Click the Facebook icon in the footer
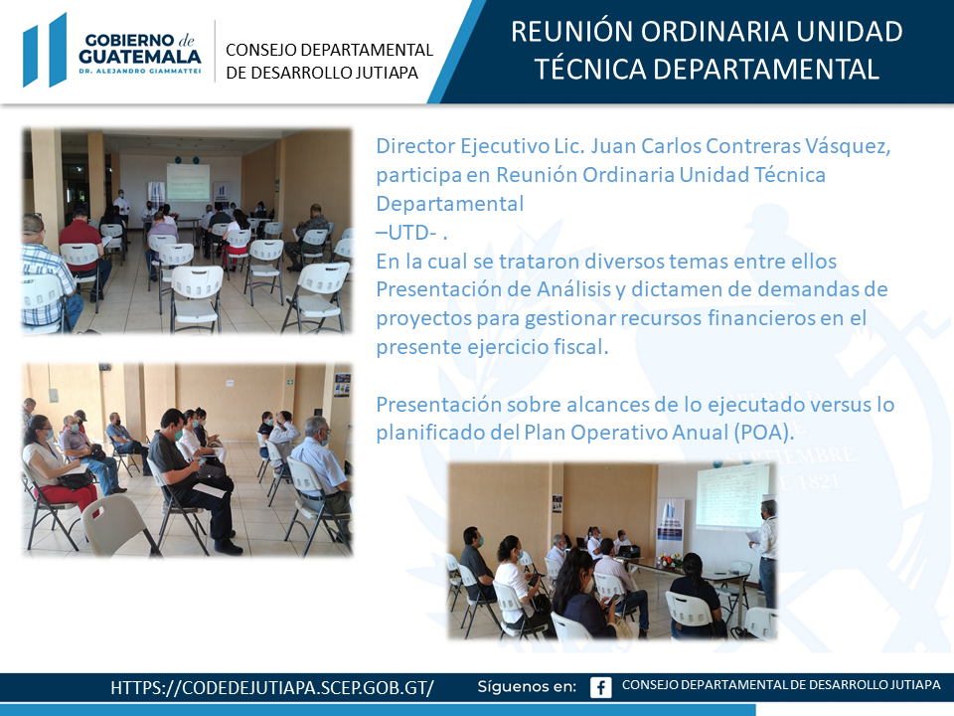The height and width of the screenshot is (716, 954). coord(600,687)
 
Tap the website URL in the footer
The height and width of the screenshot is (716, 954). coord(272,688)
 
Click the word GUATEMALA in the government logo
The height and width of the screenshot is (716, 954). coord(140,57)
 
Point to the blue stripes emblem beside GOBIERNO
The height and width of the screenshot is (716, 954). coord(45,50)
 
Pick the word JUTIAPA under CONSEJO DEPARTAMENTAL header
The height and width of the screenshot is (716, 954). coord(387,73)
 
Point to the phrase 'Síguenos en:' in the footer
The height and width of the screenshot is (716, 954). coord(527,687)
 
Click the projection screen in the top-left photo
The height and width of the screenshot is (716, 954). coord(188,181)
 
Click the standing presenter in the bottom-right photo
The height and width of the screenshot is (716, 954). coord(765,552)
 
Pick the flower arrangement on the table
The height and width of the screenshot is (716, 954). coord(669,560)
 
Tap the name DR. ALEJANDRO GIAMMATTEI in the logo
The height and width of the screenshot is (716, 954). coord(140,72)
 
